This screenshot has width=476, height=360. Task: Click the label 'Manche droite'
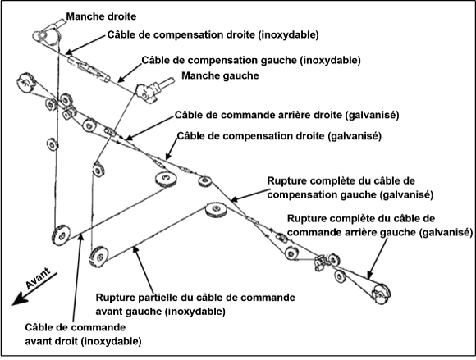click(101, 16)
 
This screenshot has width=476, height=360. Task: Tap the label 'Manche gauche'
click(220, 75)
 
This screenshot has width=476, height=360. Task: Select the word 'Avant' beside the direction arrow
click(38, 278)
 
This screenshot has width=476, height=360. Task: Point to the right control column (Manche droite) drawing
click(48, 33)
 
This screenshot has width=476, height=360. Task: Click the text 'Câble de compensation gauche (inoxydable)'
click(251, 60)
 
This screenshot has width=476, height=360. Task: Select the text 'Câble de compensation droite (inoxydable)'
click(213, 35)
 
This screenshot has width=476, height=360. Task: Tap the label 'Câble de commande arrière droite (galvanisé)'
click(287, 116)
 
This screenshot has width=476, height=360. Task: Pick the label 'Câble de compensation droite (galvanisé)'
click(279, 136)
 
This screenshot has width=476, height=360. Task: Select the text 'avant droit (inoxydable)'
click(83, 341)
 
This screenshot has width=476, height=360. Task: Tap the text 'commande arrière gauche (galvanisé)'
click(380, 232)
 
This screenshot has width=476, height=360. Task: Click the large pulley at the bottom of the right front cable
click(62, 235)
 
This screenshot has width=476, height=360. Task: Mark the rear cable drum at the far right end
click(381, 294)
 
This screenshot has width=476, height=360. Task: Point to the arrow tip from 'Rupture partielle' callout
click(135, 248)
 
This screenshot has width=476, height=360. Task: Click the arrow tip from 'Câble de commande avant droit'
click(81, 236)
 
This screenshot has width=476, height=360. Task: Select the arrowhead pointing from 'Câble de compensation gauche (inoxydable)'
click(119, 80)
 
